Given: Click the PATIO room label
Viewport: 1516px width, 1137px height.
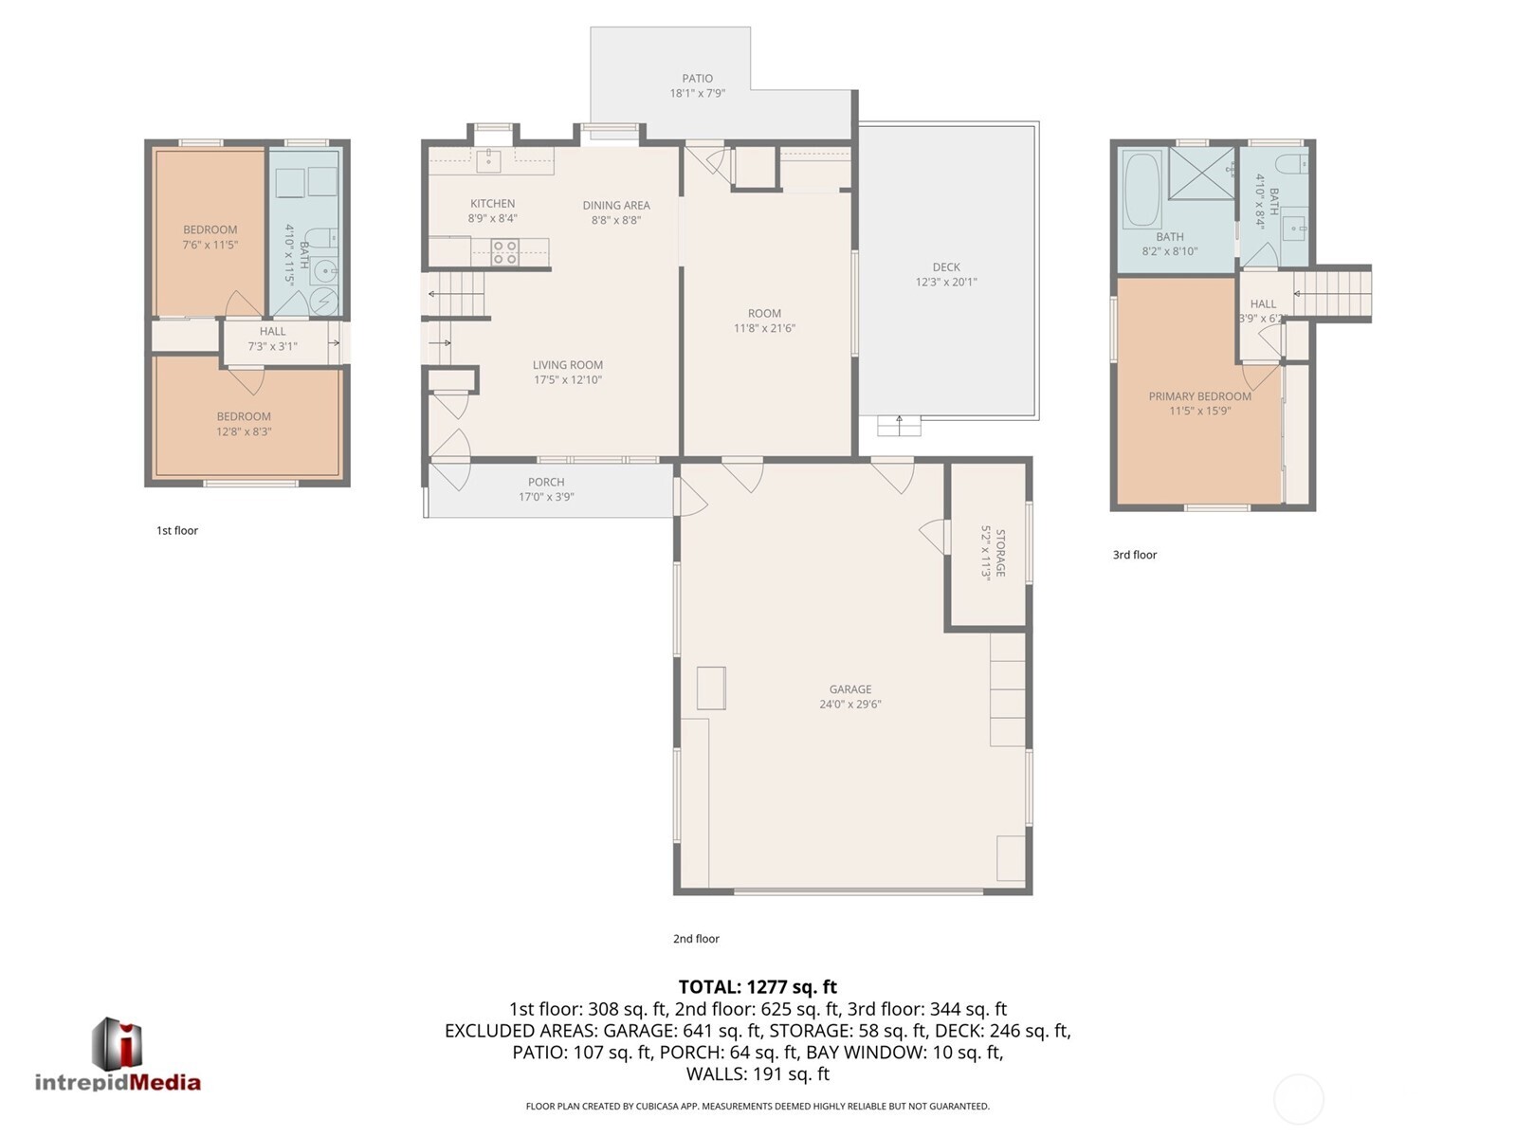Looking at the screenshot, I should [697, 79].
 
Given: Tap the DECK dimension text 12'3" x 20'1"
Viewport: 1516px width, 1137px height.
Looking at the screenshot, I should [945, 282].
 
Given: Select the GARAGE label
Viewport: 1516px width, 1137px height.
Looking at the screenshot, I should [849, 689].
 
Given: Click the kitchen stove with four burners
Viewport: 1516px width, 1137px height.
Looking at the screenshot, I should [504, 251].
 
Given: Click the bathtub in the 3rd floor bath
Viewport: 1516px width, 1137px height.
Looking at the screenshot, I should [1142, 189].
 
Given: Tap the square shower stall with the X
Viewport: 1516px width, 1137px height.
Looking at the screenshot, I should [1201, 174].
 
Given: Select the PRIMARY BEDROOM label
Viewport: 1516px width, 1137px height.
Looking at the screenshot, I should [1199, 396].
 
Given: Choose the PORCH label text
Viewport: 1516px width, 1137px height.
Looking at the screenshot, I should [546, 482].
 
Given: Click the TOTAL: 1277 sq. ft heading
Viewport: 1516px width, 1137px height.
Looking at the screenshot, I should [758, 987].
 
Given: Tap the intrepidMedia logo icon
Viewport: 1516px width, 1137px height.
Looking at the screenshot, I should [117, 1044].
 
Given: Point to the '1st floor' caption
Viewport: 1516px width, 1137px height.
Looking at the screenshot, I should [177, 530].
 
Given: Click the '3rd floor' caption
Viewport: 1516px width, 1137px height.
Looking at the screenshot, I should [1134, 555].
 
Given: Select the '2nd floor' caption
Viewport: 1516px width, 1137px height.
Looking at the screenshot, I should [696, 939].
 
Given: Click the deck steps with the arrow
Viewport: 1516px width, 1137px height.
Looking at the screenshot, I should [899, 425].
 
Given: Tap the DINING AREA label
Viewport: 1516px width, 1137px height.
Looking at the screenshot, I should [615, 205].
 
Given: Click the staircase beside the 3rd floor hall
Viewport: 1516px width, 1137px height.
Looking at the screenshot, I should [1331, 294].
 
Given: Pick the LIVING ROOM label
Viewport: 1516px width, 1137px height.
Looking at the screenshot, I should [567, 365].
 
